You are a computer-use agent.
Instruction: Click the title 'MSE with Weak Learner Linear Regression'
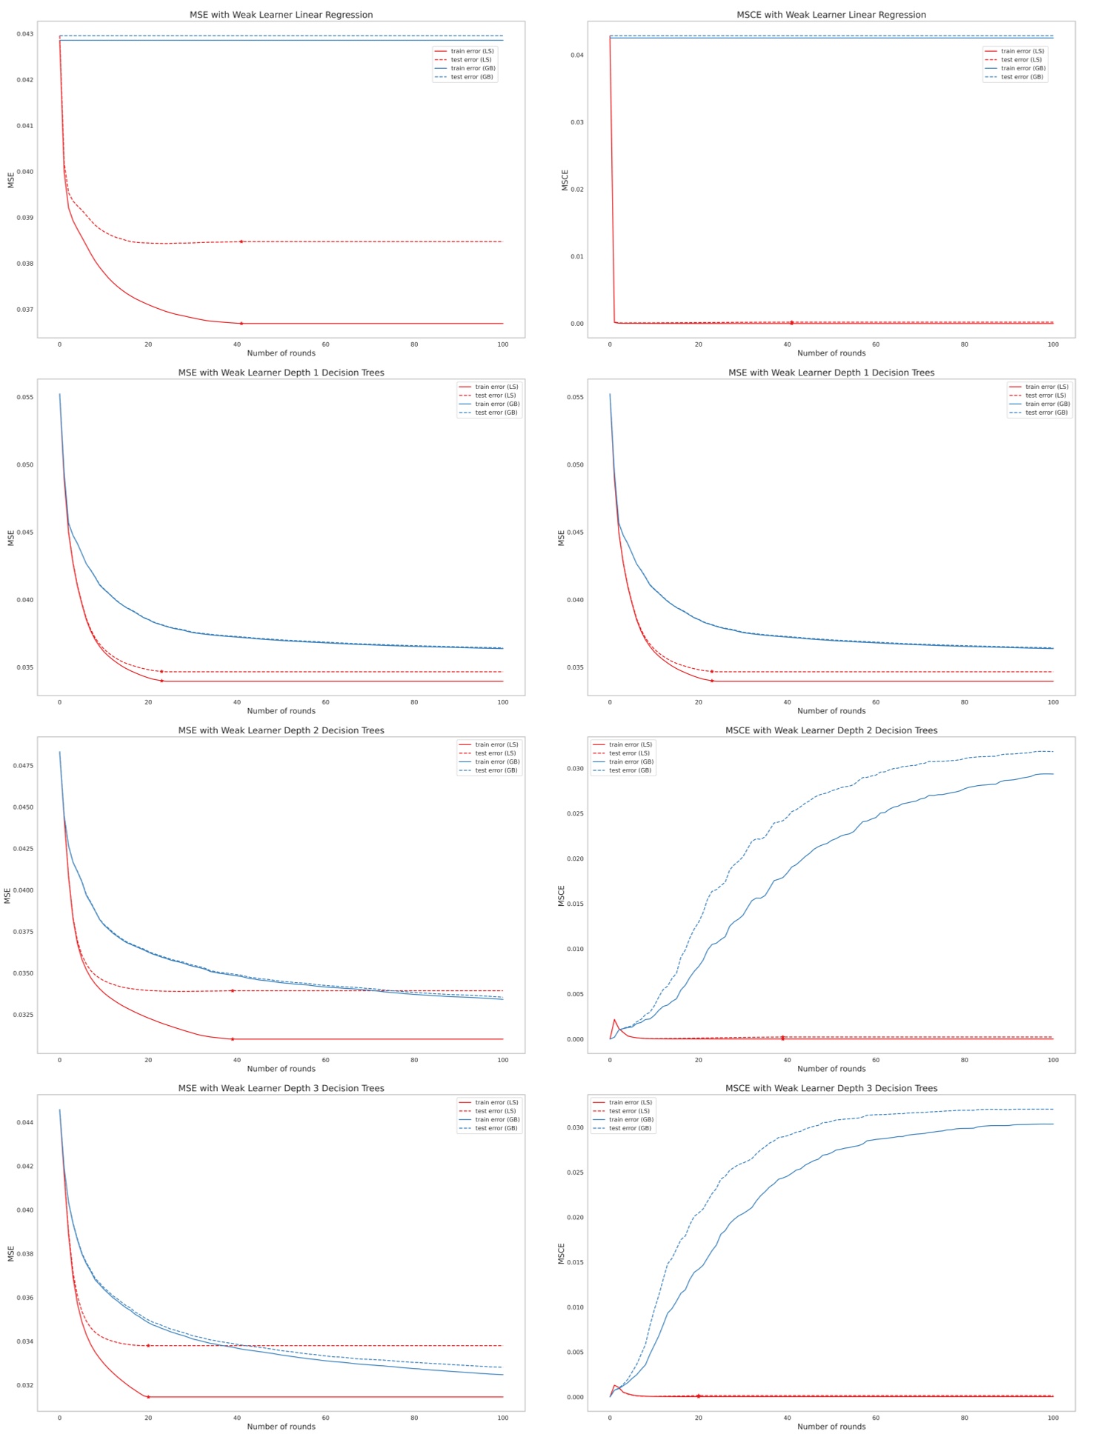point(281,15)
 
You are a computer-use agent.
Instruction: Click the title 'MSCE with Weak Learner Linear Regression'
point(831,15)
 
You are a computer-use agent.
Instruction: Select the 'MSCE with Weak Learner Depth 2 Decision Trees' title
point(831,730)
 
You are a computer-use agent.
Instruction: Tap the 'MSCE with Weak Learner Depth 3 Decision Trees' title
point(831,1088)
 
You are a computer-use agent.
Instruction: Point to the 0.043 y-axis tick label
point(25,34)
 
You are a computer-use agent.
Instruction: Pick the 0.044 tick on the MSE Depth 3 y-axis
point(25,1122)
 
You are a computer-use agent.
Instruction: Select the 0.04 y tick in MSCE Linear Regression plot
point(577,55)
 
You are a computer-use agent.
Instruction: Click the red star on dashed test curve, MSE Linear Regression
point(242,241)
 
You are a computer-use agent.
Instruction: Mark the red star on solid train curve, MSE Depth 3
point(148,1397)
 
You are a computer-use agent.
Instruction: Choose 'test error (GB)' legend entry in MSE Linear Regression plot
point(472,77)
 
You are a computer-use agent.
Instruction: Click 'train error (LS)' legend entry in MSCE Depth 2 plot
point(630,744)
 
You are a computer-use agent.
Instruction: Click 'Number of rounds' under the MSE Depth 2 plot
point(281,1069)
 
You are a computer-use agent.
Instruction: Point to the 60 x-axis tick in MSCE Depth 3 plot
point(876,1418)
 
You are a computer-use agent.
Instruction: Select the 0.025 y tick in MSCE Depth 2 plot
point(575,813)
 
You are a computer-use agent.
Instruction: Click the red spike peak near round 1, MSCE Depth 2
point(614,1020)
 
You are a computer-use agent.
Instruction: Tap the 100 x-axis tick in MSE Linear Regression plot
point(503,344)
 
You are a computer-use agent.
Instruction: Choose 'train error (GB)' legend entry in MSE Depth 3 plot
point(496,1120)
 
